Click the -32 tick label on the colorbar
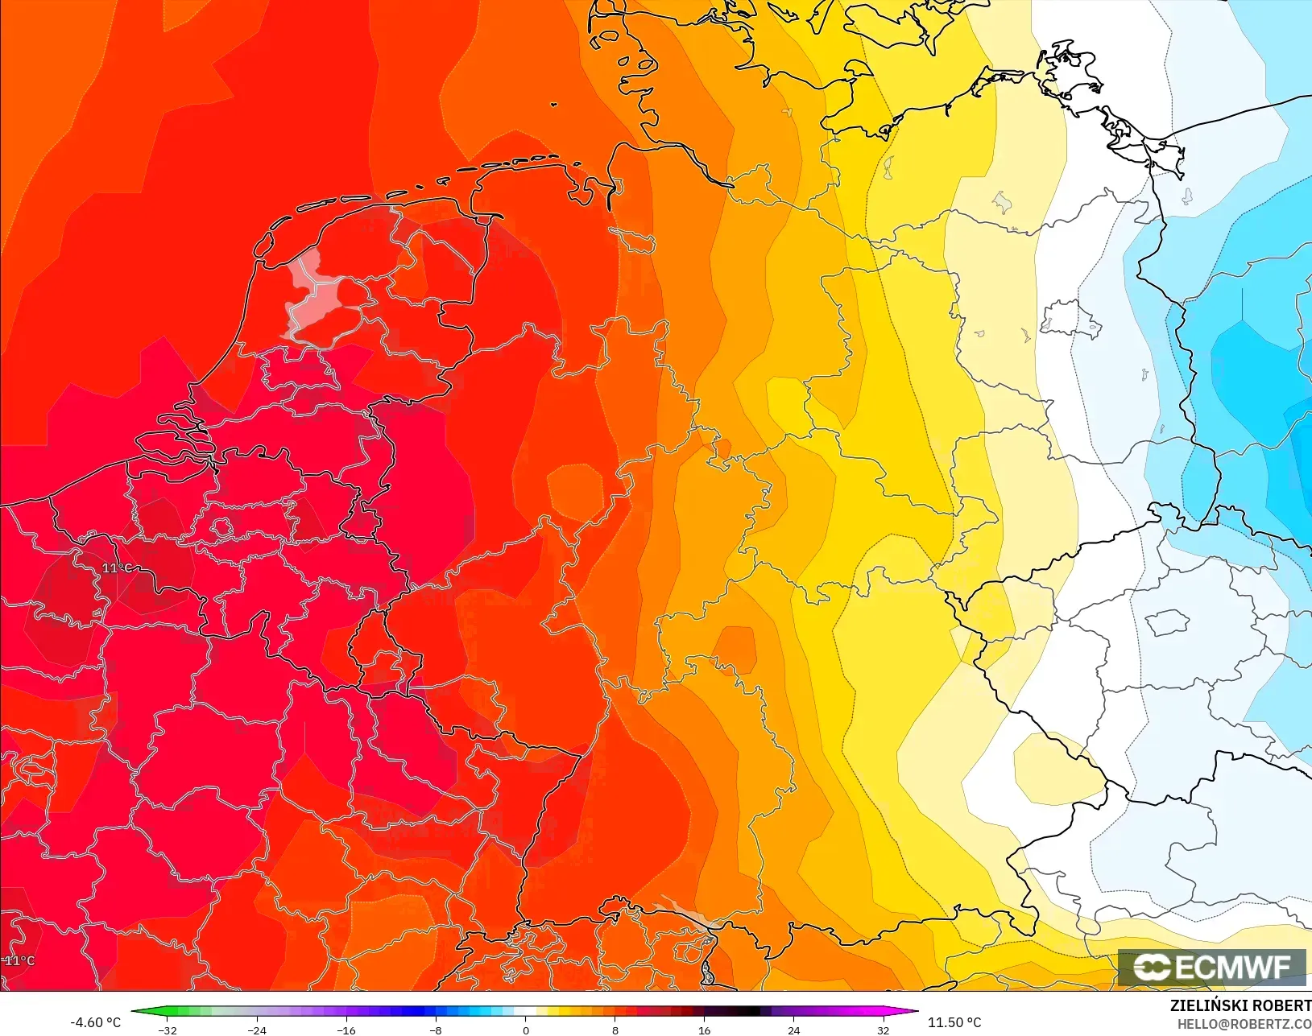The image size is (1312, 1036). tap(168, 1030)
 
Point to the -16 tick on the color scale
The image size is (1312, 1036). tap(346, 1030)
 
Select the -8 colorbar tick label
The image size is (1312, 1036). tap(436, 1030)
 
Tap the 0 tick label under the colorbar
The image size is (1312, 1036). tap(526, 1030)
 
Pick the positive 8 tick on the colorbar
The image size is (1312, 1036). tap(615, 1030)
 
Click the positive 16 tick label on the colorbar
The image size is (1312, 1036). tap(705, 1030)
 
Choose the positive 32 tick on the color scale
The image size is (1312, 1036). tap(884, 1030)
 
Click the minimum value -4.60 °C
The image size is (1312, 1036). tap(95, 1022)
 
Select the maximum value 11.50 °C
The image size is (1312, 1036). tap(954, 1022)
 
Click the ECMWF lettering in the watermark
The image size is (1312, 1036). tap(1232, 967)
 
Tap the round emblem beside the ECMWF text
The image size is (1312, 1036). tap(1152, 967)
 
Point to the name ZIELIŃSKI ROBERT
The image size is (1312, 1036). tap(1240, 1005)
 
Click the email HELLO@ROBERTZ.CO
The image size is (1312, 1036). tap(1244, 1024)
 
